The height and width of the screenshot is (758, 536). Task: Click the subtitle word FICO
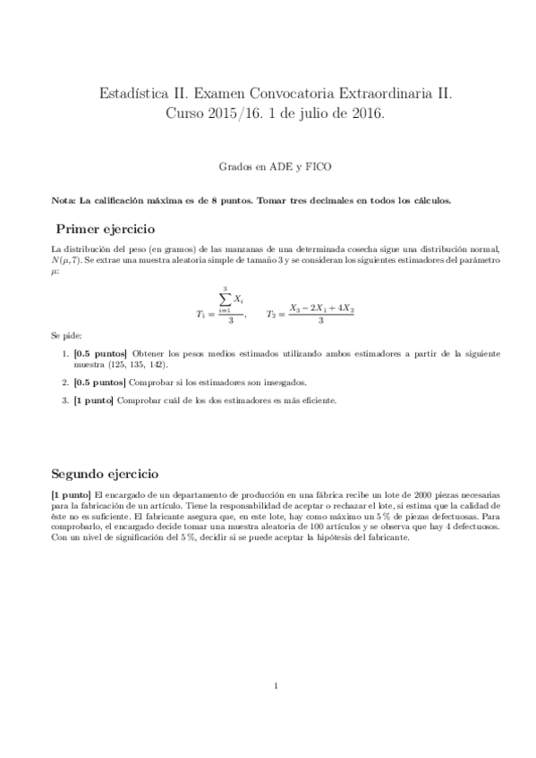coord(318,166)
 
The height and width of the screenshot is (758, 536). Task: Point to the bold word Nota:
coord(64,200)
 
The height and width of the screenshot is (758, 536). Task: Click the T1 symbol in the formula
coord(200,314)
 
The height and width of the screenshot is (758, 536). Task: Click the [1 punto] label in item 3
coord(94,400)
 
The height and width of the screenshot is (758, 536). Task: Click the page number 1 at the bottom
coord(277,686)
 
